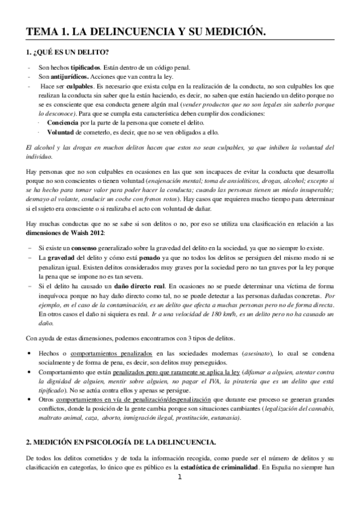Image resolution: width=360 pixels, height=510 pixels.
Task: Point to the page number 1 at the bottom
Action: click(x=180, y=495)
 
